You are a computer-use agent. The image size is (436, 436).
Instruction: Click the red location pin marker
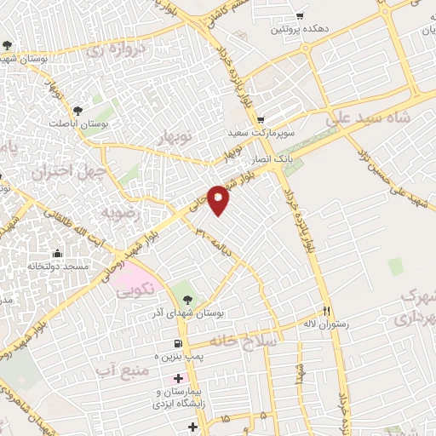(219, 198)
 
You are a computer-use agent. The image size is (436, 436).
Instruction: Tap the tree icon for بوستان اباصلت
(77, 110)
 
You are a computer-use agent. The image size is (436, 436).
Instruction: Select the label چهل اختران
(62, 171)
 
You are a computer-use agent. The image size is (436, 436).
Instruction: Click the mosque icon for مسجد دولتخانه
(57, 254)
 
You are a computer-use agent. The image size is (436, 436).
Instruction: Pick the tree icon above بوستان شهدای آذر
(187, 299)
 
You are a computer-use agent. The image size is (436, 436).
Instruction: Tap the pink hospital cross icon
(177, 378)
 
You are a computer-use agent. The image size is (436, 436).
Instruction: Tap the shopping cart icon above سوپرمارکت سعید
(261, 119)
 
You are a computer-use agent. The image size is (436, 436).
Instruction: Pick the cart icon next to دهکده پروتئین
(299, 15)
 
